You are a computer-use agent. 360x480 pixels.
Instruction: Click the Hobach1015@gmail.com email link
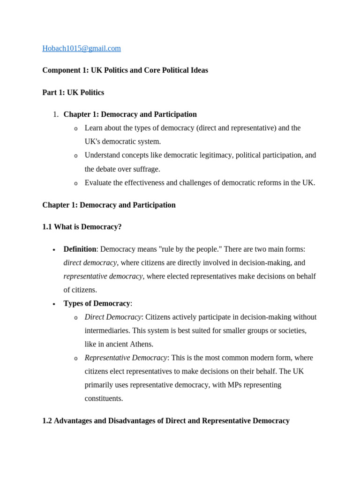click(81, 48)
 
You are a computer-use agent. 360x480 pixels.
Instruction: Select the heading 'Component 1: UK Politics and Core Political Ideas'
click(125, 70)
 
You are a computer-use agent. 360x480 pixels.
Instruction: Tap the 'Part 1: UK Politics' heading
click(73, 92)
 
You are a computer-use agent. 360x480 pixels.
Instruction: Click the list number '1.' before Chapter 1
click(55, 114)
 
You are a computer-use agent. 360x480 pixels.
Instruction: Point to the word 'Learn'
click(94, 128)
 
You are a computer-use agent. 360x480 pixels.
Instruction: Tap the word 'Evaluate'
click(99, 183)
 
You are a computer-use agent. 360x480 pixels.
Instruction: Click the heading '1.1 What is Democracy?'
click(82, 227)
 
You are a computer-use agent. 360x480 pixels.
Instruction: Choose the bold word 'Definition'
click(80, 249)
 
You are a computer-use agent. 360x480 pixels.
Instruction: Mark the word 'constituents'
click(104, 398)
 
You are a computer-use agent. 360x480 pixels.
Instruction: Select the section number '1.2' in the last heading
click(47, 421)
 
